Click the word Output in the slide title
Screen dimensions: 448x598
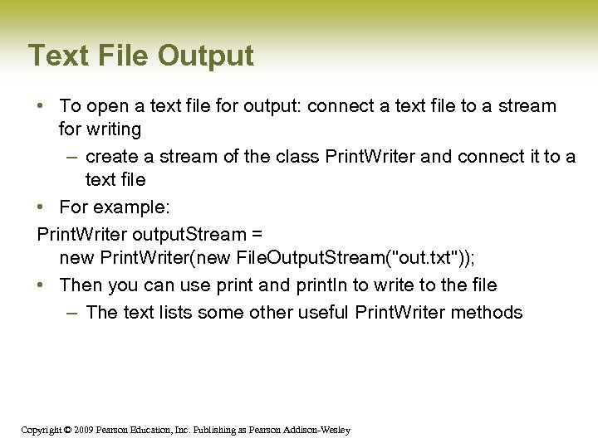click(x=205, y=56)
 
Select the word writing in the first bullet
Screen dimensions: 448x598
click(x=113, y=129)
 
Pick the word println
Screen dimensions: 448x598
click(x=322, y=285)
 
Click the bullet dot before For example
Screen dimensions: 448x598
click(x=42, y=207)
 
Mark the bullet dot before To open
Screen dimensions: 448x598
click(x=42, y=106)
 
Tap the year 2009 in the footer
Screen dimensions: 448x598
click(x=83, y=430)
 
